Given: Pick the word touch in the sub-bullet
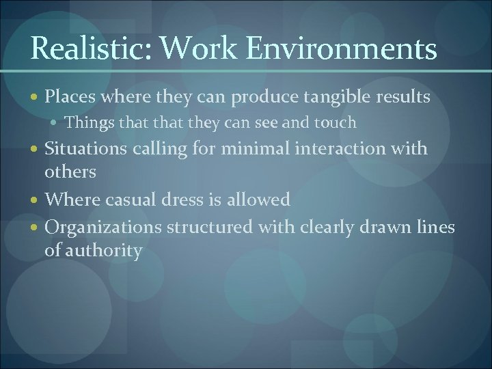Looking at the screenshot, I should pos(335,123).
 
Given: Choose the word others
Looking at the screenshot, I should pos(70,171).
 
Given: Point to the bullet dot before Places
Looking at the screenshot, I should pos(36,98).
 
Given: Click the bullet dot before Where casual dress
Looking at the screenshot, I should pos(36,200).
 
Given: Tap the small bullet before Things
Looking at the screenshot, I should pos(57,124).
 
